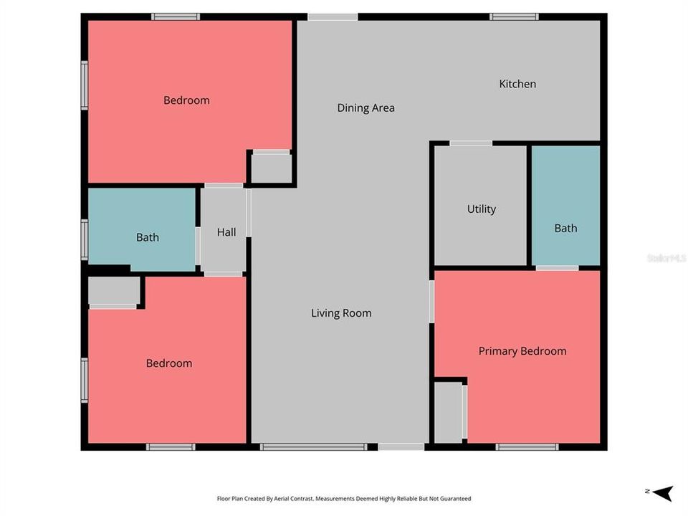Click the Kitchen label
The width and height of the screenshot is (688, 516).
517,84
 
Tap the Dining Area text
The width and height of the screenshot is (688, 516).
365,108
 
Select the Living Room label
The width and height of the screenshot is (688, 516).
341,313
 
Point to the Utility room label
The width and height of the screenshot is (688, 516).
481,209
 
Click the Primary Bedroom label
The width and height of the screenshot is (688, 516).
522,351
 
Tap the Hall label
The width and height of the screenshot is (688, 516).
226,232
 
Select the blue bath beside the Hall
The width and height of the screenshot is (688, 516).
142,229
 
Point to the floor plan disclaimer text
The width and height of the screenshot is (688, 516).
343,499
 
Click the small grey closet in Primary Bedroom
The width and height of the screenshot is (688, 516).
449,412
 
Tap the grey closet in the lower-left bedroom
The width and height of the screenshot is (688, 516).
113,290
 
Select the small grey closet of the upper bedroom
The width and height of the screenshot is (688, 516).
271,168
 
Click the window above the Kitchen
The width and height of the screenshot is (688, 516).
513,16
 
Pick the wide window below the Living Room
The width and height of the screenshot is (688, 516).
313,447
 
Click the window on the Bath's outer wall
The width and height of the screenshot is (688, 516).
85,239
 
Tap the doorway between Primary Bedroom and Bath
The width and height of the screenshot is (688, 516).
557,268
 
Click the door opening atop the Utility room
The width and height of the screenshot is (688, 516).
470,143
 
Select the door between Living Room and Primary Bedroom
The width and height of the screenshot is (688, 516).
431,301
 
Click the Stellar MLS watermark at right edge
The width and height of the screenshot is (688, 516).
666,257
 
